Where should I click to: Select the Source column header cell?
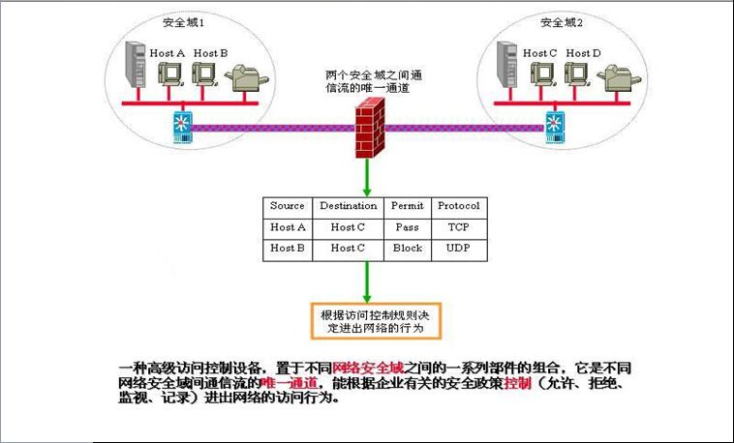tap(288, 206)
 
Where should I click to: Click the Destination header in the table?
tap(348, 206)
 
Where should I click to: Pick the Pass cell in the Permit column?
tap(407, 227)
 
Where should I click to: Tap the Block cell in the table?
tap(407, 249)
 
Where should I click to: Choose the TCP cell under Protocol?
tap(458, 227)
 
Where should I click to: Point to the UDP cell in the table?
tap(458, 249)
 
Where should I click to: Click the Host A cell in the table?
tap(288, 227)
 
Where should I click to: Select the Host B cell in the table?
tap(288, 249)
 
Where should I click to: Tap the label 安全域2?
tap(559, 21)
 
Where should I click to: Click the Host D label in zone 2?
tap(583, 53)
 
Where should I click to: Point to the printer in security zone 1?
tap(245, 77)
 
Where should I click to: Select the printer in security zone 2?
tap(620, 77)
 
